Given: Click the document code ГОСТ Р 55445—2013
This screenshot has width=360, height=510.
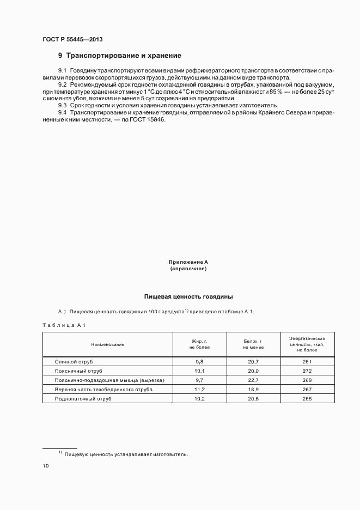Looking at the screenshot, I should (x=72, y=40).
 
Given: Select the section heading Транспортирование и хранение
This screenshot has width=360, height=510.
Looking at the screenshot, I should (x=124, y=56).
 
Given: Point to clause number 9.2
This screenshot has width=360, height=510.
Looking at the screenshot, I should (x=62, y=85).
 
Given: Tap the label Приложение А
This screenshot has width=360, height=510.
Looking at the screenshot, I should (x=188, y=262).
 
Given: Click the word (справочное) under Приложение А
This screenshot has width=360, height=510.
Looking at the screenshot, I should (x=188, y=269).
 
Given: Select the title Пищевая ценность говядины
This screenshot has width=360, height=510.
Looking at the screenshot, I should (x=188, y=297).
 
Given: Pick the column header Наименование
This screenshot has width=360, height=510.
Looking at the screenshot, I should (x=108, y=344).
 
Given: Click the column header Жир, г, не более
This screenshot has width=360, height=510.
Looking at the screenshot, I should (x=199, y=344).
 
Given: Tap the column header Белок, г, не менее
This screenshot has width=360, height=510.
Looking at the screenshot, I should (x=253, y=344).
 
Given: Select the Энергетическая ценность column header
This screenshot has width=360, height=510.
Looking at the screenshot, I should (x=307, y=344).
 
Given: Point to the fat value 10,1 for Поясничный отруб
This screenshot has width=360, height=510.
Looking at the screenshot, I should (x=199, y=371).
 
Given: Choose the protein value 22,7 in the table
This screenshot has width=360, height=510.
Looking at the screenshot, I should (x=253, y=380).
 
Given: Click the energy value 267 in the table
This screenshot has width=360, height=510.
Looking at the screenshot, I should (x=307, y=390).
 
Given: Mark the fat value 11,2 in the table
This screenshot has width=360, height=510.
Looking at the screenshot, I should (x=199, y=390).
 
